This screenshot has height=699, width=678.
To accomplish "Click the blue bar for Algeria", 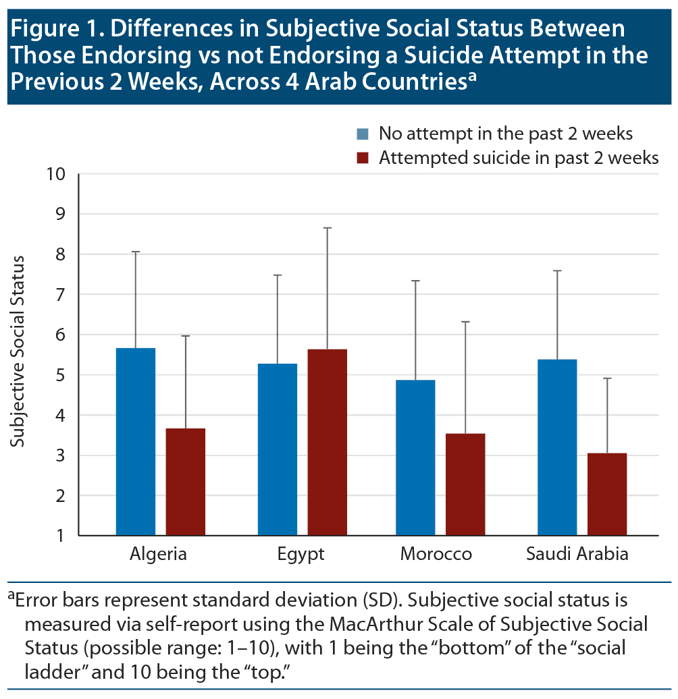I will click(136, 442).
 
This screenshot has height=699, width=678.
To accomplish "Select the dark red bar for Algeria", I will click(186, 482).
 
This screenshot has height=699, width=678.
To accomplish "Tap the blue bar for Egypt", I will click(278, 449).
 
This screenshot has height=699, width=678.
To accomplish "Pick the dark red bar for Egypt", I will click(328, 442).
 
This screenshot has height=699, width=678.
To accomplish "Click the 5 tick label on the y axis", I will click(59, 375).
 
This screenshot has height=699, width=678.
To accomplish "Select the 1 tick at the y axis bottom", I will click(60, 536).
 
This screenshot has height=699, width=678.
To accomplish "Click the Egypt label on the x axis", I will click(301, 555).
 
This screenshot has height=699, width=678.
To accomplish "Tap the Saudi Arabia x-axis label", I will click(577, 555).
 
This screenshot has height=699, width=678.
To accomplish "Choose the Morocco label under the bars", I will click(436, 555).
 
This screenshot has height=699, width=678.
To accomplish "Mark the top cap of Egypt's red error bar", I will click(328, 228).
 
